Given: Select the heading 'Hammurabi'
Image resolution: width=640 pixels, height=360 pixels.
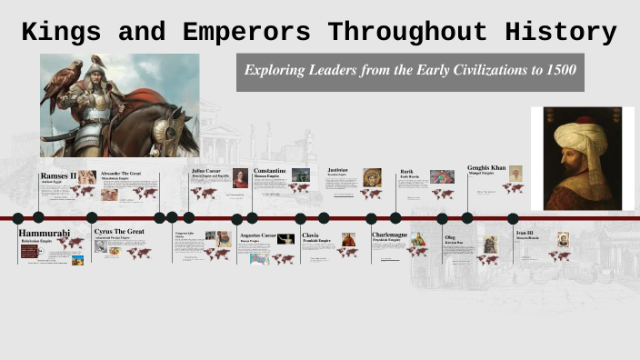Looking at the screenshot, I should [44, 234].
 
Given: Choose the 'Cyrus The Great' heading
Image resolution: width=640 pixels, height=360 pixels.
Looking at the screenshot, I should [119, 232].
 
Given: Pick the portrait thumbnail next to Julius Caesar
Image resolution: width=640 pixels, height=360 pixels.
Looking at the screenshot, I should [240, 178].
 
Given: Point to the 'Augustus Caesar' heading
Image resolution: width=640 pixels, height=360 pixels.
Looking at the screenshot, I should [257, 235].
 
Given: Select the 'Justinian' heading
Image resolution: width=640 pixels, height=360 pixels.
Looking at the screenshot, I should [338, 170].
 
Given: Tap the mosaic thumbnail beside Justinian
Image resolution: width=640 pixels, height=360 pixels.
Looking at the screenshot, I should [372, 177].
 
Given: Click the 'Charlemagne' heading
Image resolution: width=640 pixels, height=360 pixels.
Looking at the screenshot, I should [395, 235].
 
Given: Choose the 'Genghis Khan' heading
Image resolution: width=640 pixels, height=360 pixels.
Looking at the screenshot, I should [486, 168].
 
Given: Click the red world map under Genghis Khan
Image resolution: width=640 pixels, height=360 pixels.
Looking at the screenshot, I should [513, 189].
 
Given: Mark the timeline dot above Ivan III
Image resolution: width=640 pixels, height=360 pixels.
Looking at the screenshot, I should [513, 218].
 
